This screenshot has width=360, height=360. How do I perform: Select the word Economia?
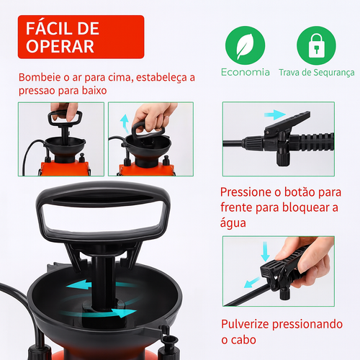tap(246, 72)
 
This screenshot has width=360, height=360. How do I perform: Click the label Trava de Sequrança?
tap(317, 72)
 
